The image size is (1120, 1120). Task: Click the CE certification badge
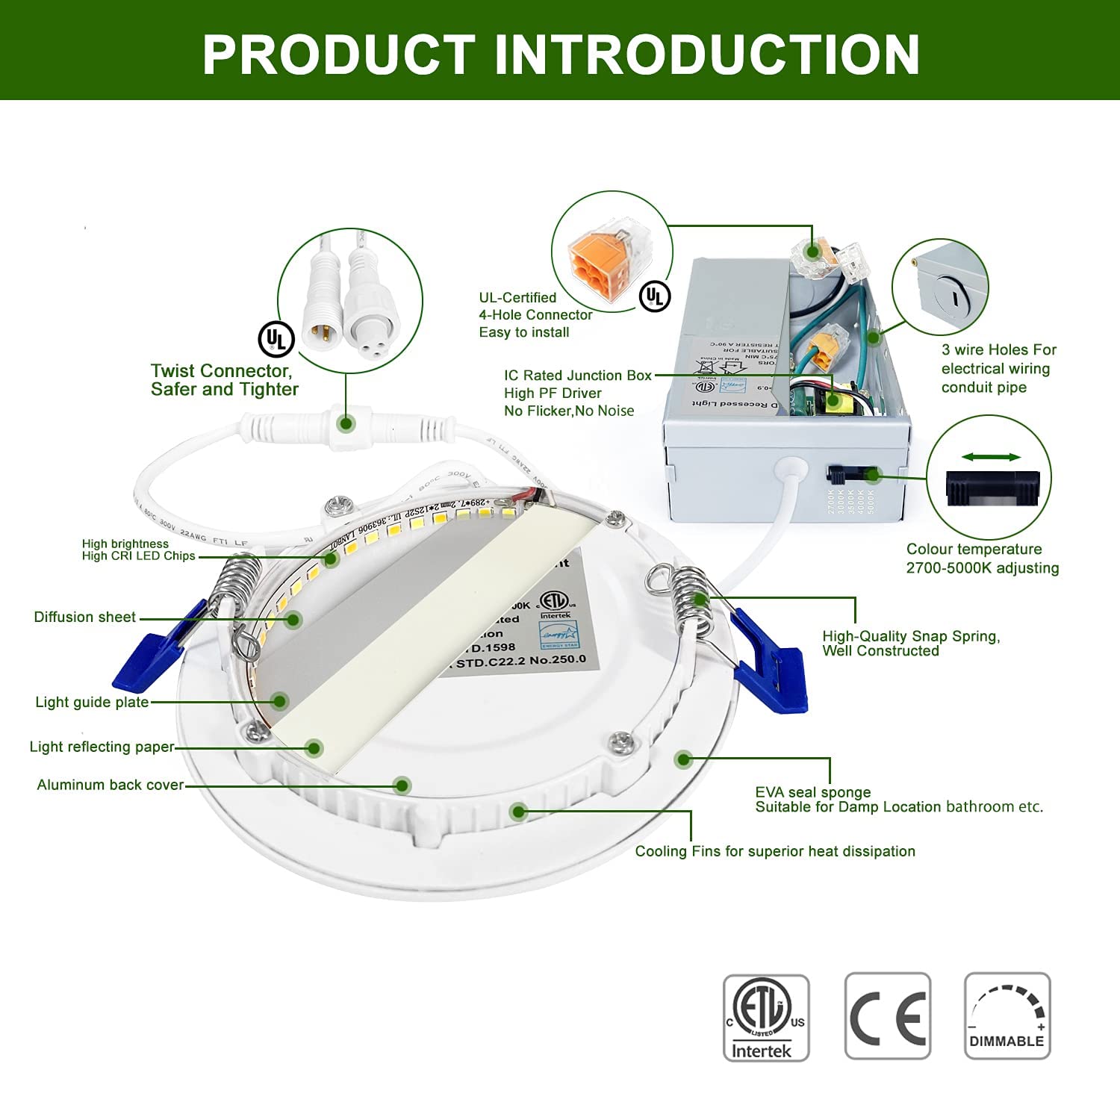click(887, 1016)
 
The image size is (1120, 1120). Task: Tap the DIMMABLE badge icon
click(1007, 1016)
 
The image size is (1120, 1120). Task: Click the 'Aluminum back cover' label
click(111, 785)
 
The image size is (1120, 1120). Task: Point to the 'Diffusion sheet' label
click(85, 617)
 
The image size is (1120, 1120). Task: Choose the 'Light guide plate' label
click(92, 703)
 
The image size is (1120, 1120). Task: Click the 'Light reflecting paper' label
click(102, 747)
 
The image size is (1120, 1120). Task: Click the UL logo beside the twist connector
click(276, 340)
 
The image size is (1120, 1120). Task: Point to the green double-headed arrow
click(990, 457)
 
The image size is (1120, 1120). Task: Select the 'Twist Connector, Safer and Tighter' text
click(224, 380)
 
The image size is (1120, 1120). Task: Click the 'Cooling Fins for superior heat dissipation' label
click(775, 851)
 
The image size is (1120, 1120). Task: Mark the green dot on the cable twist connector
click(346, 423)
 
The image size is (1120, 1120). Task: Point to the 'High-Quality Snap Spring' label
click(910, 643)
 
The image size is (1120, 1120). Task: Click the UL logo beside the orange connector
click(655, 296)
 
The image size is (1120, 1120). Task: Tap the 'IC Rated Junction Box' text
click(577, 376)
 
